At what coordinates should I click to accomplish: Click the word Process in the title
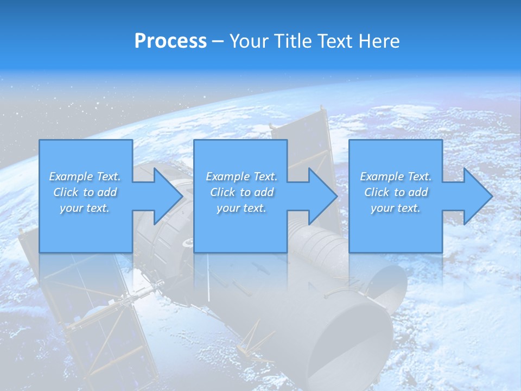[x=170, y=41]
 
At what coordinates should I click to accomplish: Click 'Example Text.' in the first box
[x=85, y=176]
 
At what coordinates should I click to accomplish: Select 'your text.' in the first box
[x=85, y=208]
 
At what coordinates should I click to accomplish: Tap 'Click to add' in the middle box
[x=242, y=192]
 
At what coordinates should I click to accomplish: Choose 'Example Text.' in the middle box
[x=242, y=176]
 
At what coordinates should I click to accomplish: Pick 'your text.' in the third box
[x=396, y=208]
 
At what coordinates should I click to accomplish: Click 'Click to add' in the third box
[x=396, y=192]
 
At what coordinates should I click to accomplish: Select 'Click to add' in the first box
[x=85, y=192]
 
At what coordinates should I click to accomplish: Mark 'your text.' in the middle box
[x=242, y=208]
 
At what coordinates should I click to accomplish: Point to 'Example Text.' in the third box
[x=396, y=176]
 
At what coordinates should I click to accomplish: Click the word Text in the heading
[x=335, y=41]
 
